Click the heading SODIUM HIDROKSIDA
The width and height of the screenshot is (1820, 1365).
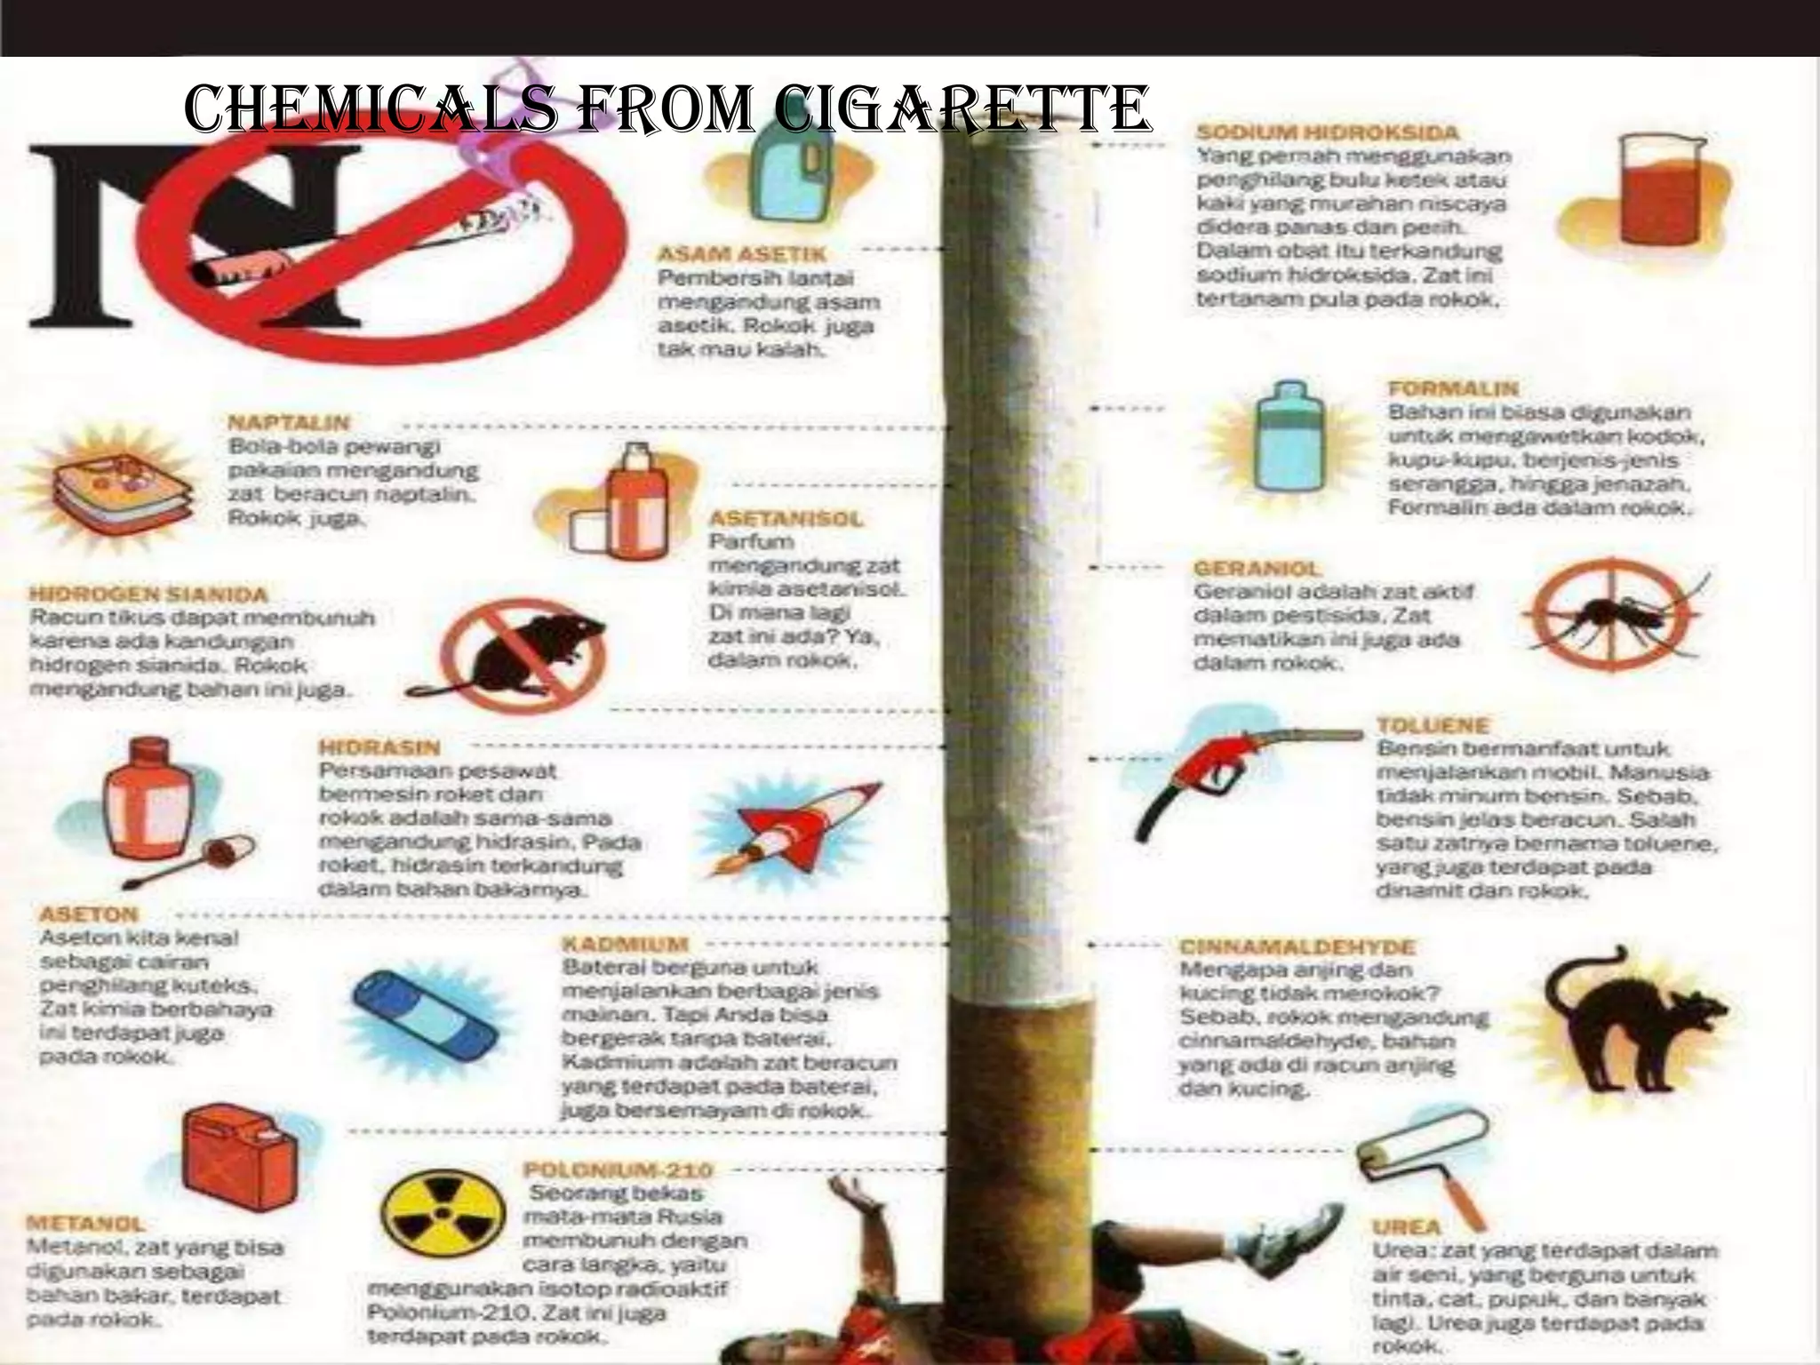point(1327,132)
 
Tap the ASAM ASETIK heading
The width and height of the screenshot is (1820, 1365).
point(741,253)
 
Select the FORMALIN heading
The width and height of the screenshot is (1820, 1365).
point(1453,388)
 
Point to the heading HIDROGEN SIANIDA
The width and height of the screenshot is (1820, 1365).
point(148,594)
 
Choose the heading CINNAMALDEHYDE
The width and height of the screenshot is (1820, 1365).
point(1297,947)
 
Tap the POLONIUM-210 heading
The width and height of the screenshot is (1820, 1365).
point(619,1169)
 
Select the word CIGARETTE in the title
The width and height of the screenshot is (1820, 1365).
point(962,110)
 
